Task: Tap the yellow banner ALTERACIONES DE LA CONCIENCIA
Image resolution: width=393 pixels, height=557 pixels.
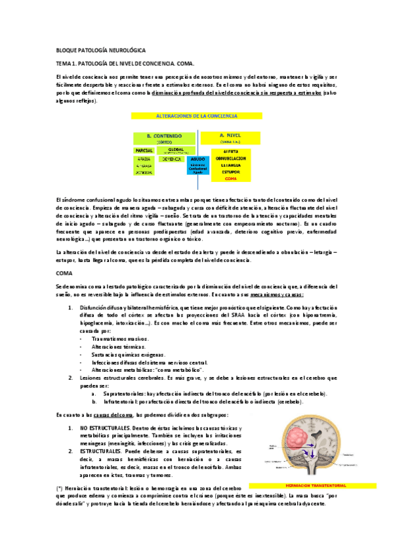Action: (x=196, y=115)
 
